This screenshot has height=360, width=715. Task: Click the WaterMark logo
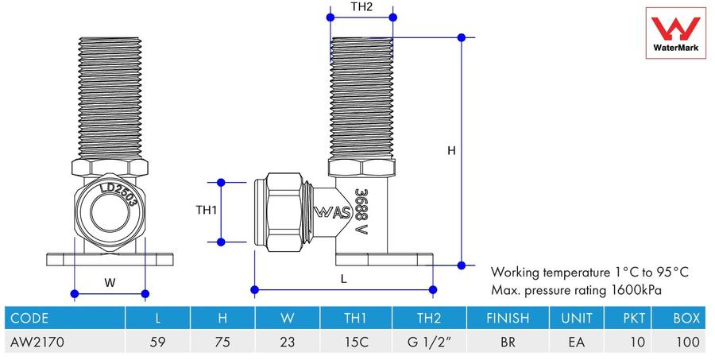coord(675,33)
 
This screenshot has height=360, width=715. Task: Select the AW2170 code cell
coord(37,342)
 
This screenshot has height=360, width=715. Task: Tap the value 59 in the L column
coord(157,342)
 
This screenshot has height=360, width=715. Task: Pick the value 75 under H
coord(222,342)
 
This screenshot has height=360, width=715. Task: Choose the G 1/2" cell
coord(429,342)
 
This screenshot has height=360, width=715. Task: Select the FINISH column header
coord(508,318)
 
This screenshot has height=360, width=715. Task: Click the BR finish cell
coord(508,342)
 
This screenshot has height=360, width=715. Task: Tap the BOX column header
coord(686,318)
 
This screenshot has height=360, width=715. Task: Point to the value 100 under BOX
coord(688,342)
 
